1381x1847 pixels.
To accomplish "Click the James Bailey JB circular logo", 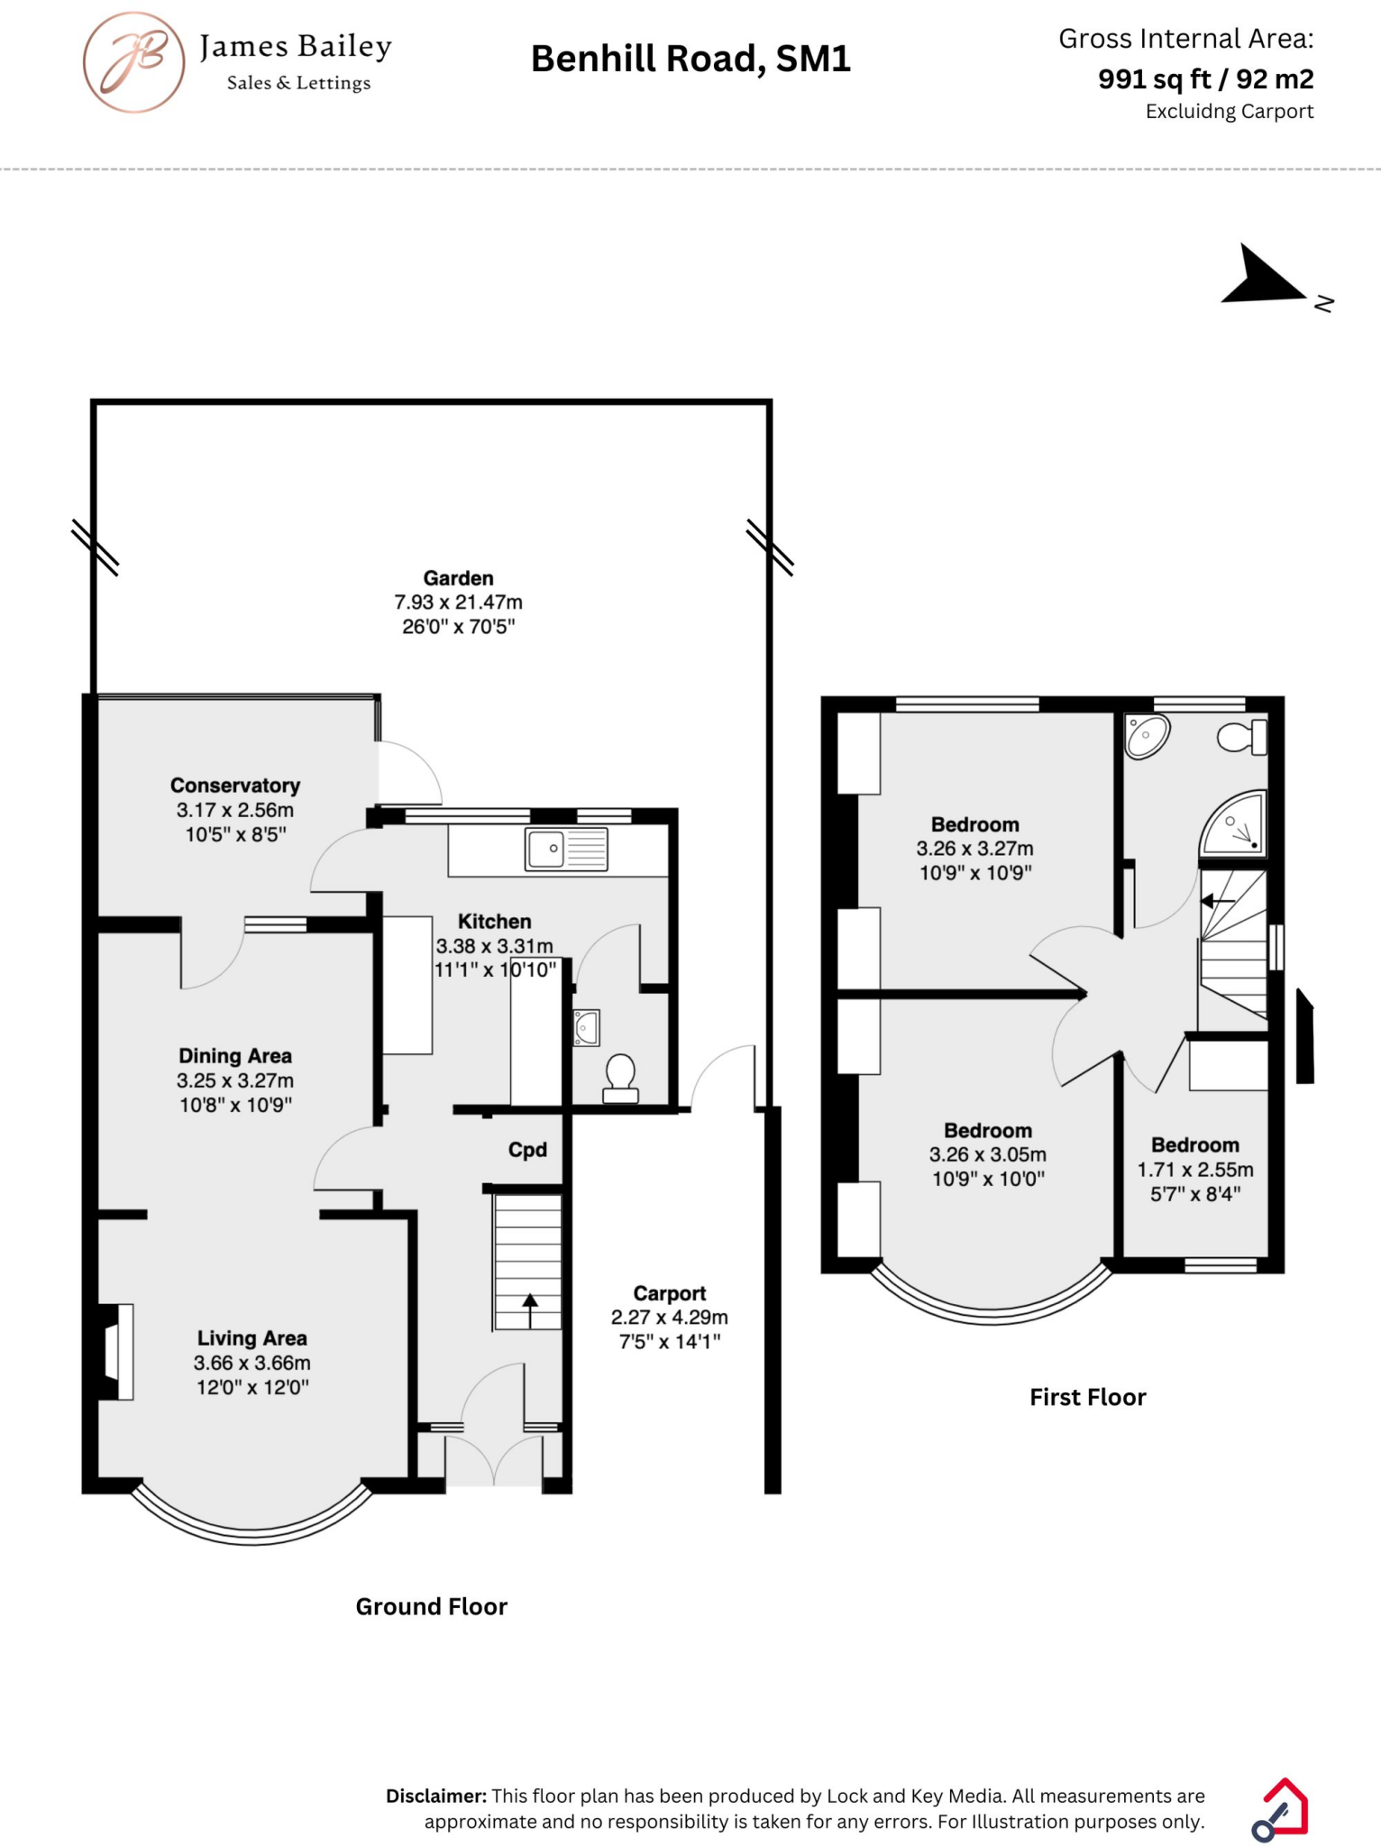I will coord(134,62).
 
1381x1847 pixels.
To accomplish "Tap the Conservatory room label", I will coord(235,786).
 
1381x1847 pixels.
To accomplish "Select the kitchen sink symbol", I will coord(567,850).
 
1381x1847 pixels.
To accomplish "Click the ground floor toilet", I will coord(620,1079).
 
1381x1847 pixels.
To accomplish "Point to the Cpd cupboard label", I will coord(527,1150).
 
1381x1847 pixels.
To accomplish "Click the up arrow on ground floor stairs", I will coord(530,1309).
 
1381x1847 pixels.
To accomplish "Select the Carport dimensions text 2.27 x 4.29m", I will coord(669,1318).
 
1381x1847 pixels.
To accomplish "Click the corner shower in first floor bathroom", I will coord(1237,824).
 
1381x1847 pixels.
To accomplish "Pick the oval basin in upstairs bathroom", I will coord(1147,735).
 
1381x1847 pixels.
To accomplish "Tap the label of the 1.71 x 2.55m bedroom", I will coord(1195,1145).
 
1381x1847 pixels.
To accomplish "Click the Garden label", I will coord(459,578).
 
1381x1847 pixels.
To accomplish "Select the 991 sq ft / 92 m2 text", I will coord(1205,79).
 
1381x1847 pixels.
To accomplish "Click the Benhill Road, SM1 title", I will coord(690,60).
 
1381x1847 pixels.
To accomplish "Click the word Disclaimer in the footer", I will coord(436,1796).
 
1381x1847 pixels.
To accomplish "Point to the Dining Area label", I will coord(235,1056).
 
